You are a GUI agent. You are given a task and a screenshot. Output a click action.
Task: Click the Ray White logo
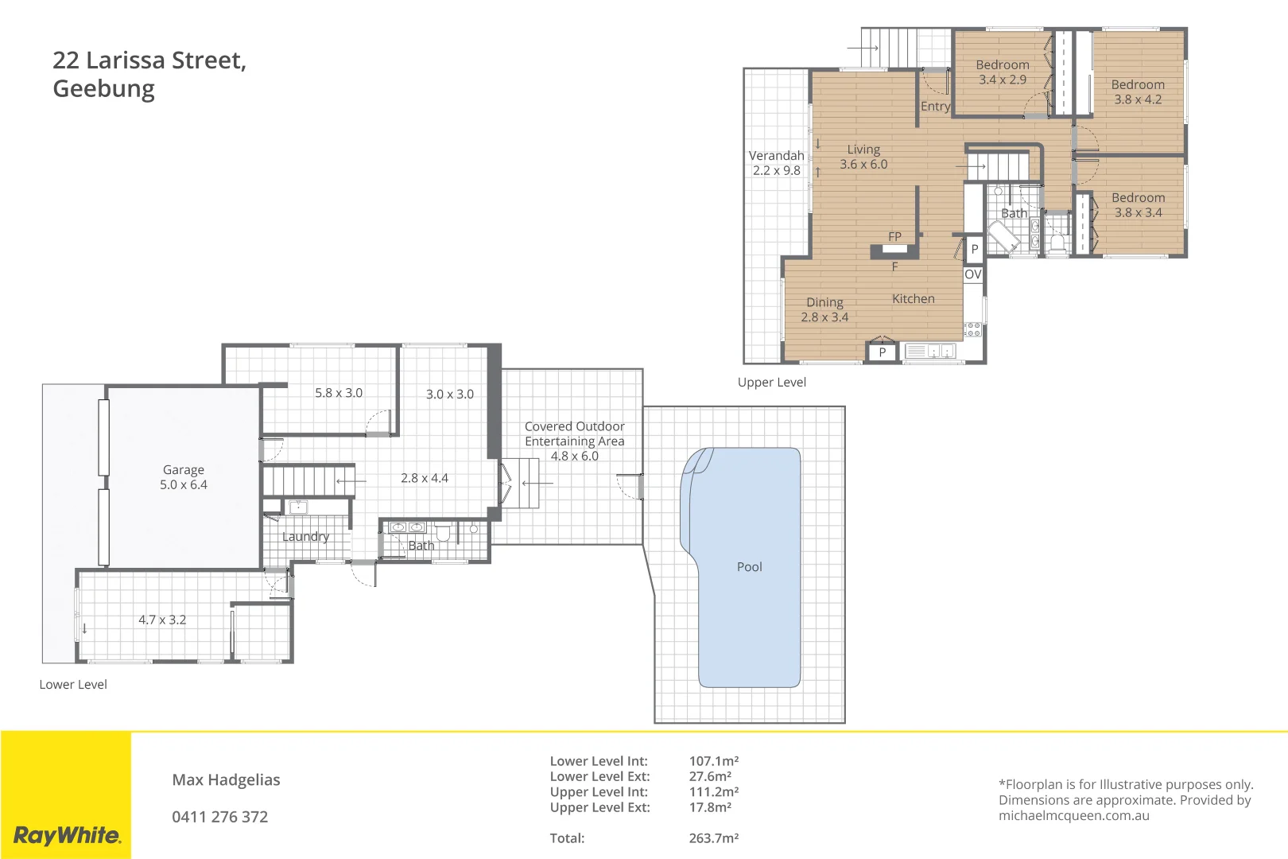coord(67,835)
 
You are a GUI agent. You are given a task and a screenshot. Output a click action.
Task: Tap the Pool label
coord(749,567)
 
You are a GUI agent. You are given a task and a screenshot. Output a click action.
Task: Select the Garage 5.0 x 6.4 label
coord(184,477)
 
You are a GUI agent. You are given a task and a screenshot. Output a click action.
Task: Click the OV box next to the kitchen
coord(973,274)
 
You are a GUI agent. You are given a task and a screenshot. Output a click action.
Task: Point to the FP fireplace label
coord(894,237)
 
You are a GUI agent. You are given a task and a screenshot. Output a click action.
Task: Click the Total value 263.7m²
coord(713,838)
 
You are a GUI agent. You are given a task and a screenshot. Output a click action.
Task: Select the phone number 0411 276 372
coord(219,817)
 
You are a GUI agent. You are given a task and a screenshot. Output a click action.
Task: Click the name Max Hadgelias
coord(226,780)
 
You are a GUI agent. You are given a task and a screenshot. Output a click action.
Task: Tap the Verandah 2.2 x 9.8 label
coord(776,163)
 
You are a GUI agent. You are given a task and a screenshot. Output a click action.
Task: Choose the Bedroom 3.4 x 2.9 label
coord(1002,72)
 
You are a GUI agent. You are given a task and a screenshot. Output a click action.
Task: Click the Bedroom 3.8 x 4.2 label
coord(1138,92)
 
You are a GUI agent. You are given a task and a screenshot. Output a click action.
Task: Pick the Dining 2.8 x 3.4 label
coord(824,309)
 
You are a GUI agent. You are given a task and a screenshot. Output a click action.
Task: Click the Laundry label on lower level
coord(305,537)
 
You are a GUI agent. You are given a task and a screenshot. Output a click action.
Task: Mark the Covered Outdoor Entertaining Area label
coord(574,441)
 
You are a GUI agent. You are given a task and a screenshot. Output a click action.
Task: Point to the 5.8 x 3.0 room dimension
coord(339,393)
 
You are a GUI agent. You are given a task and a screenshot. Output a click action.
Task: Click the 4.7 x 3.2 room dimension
coord(162,620)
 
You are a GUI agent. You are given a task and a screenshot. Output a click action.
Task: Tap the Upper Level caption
coord(771,383)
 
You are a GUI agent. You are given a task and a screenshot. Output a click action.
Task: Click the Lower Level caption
coord(73,685)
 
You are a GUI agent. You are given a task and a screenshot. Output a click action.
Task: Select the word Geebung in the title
coord(103,89)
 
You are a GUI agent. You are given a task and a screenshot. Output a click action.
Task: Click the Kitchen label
coord(913,299)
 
